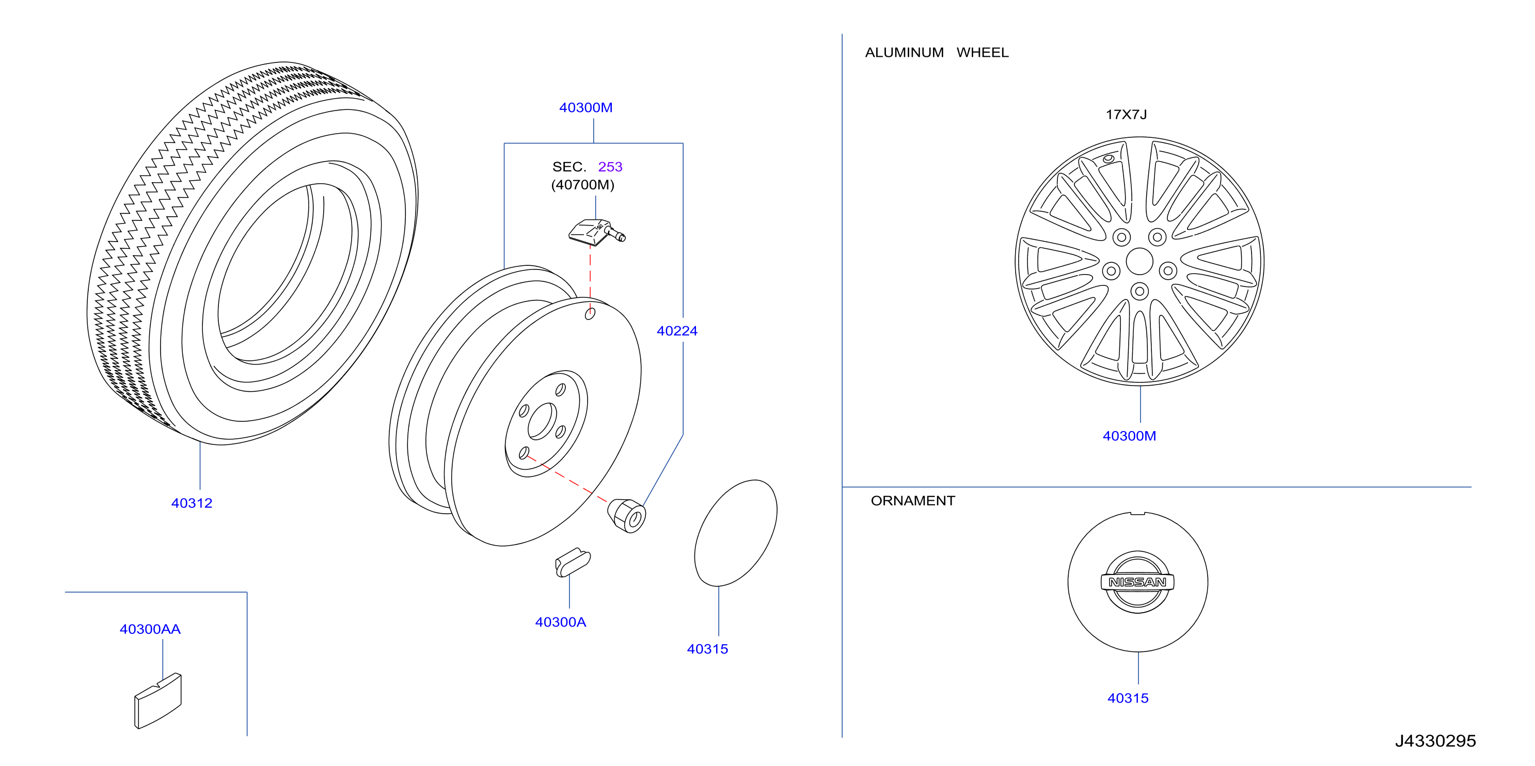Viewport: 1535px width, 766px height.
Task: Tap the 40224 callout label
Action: pos(677,331)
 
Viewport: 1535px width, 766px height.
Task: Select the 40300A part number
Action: pos(561,623)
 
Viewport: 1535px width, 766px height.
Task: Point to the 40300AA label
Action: pos(150,630)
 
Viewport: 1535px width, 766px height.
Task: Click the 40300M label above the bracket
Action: pos(585,108)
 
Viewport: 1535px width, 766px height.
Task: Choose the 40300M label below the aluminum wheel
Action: pos(1129,436)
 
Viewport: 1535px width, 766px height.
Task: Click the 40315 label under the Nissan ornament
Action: pos(1128,698)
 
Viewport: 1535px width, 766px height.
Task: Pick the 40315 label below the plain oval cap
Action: pos(707,649)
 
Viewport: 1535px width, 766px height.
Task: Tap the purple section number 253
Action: pos(610,167)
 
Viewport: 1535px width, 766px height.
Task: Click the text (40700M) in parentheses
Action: pos(583,185)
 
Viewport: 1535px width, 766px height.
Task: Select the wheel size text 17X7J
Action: pos(1126,115)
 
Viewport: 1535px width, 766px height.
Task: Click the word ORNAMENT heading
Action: pos(913,501)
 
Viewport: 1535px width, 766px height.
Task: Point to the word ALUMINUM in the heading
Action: pos(905,53)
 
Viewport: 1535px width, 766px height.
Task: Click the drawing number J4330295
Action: pos(1435,741)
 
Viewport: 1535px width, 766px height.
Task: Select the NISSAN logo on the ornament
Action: pos(1137,582)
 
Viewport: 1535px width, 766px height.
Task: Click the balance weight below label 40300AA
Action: pos(158,701)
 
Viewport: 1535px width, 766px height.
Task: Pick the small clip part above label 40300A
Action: pos(573,563)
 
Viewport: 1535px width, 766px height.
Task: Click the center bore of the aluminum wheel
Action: pos(1140,262)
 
